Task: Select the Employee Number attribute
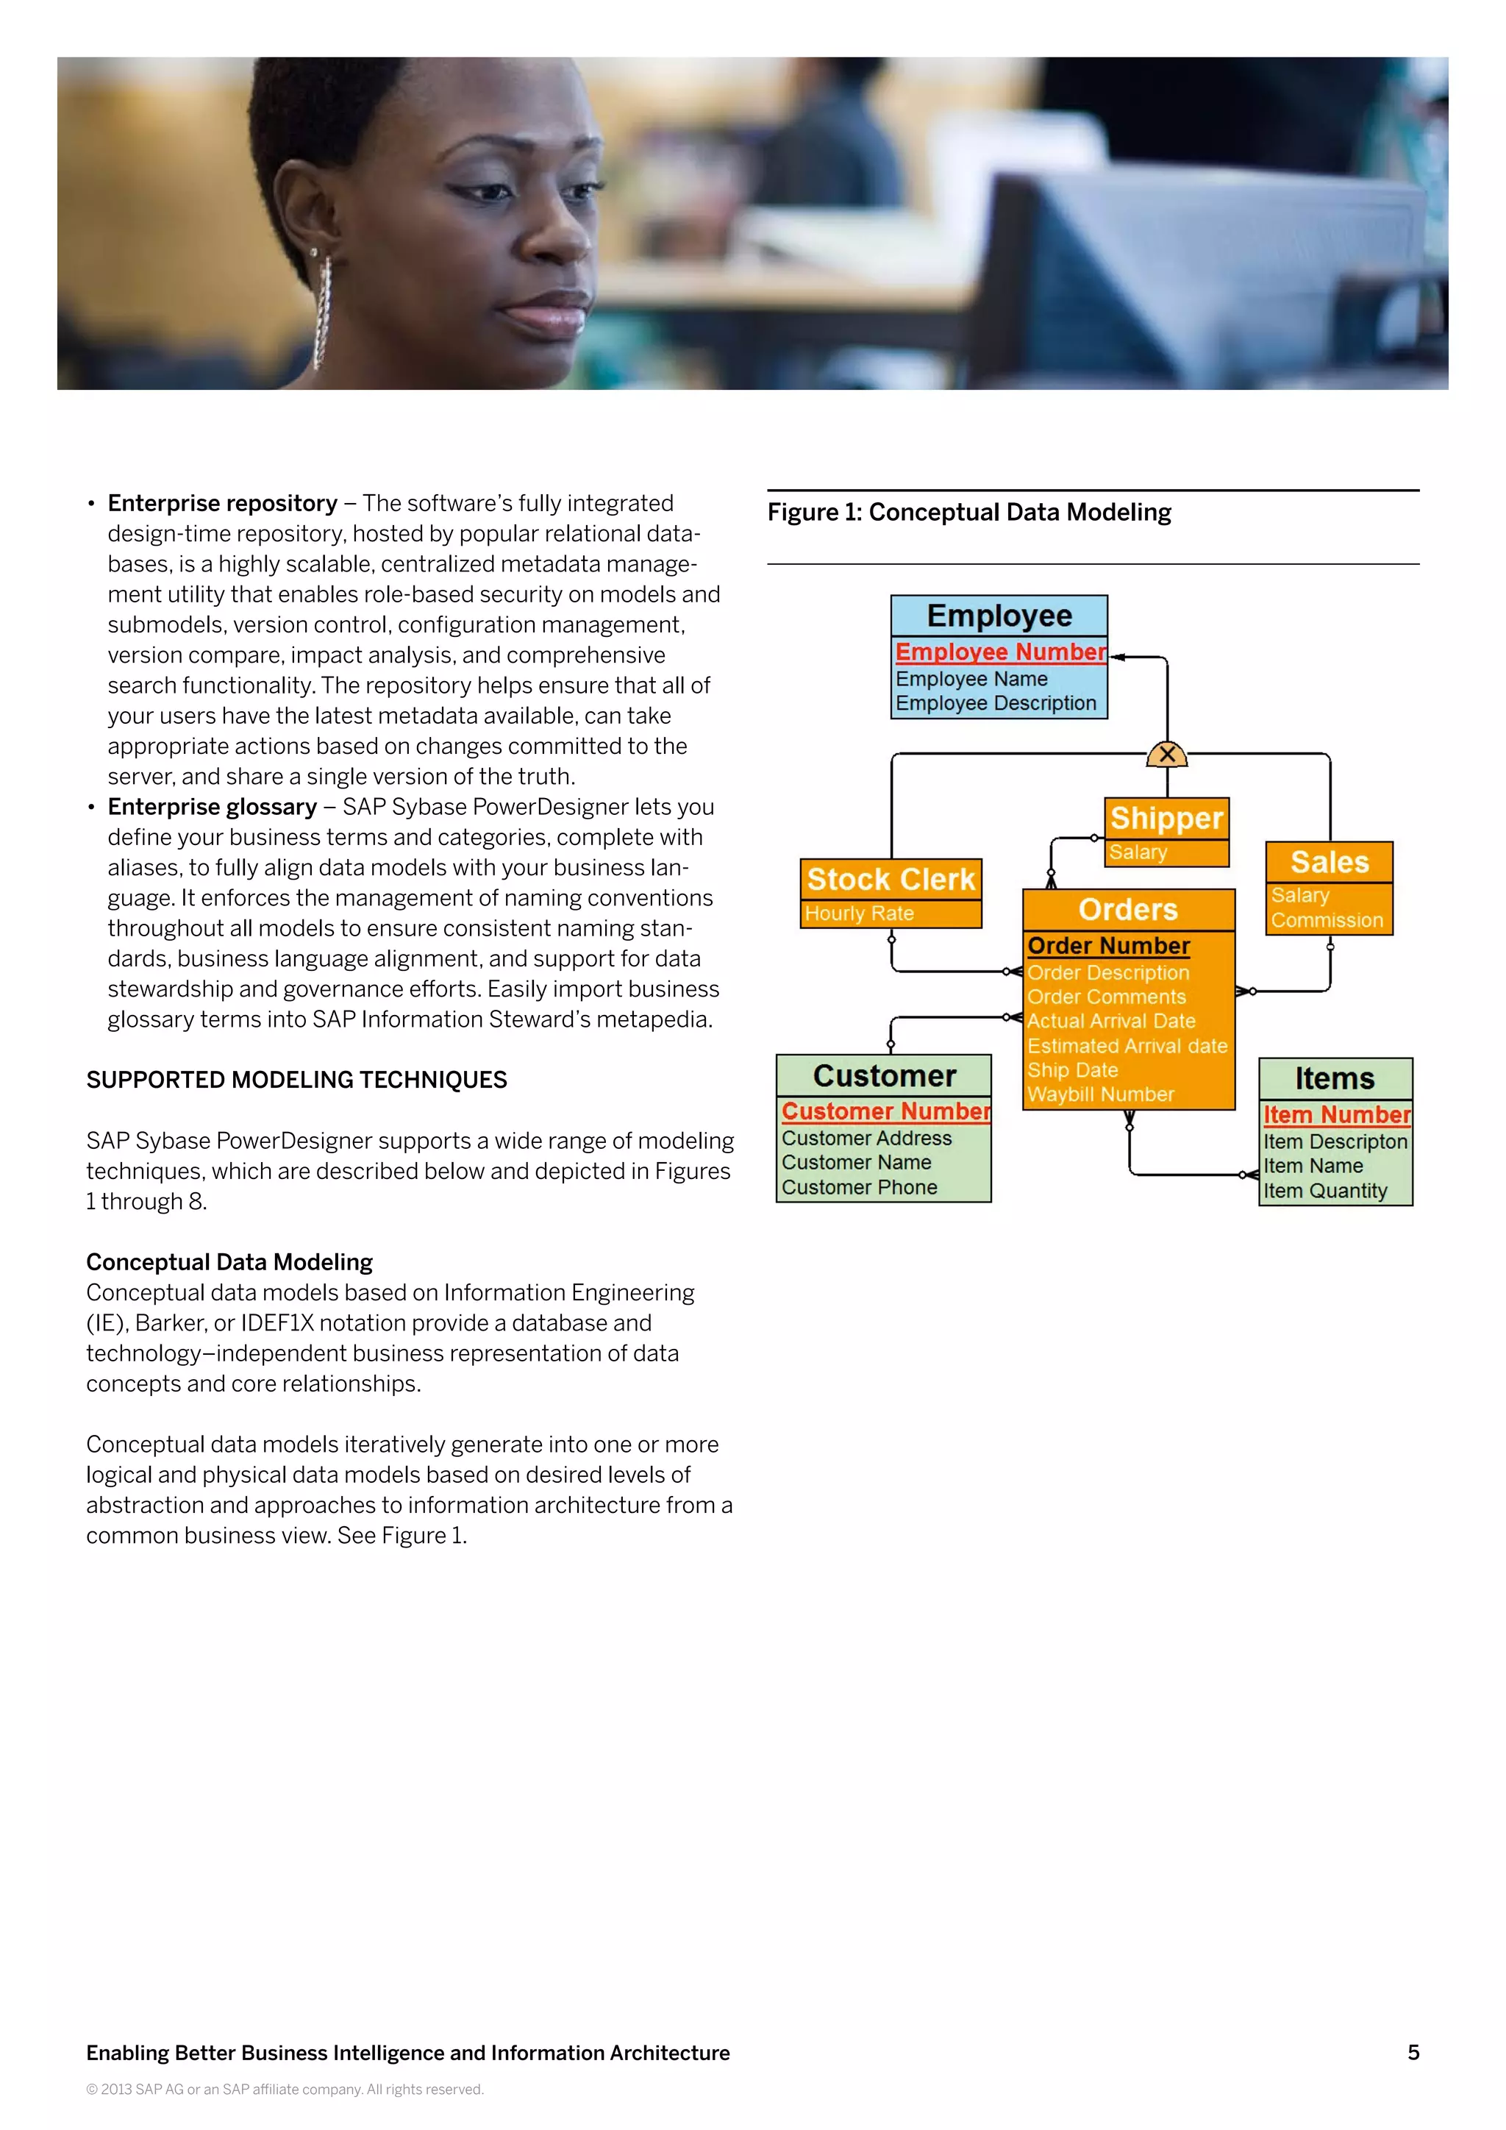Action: coord(999,652)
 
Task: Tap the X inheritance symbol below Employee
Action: coord(1166,754)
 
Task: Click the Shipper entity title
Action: coord(1166,818)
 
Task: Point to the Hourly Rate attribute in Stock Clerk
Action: coord(859,913)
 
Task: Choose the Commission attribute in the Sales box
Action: coord(1326,920)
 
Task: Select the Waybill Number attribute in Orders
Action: coord(1100,1094)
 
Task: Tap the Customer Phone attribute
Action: coord(859,1187)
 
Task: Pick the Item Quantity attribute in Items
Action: coord(1324,1192)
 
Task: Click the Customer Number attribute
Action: coord(885,1111)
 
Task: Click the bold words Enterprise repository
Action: coord(223,504)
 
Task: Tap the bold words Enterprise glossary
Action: coord(213,807)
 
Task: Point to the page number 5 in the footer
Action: coord(1413,2052)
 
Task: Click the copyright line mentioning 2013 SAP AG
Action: coord(285,2090)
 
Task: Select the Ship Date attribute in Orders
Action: coord(1072,1071)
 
